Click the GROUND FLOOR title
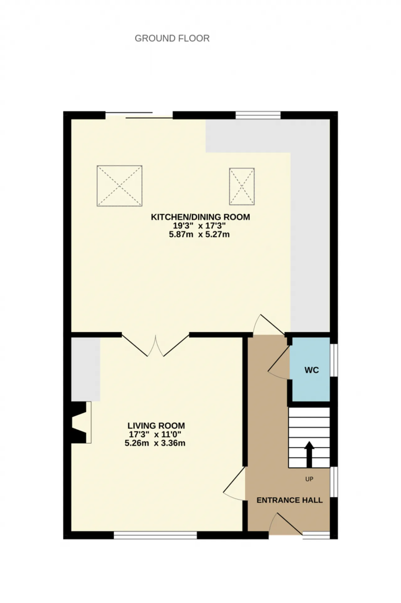point(172,38)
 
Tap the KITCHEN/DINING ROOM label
point(200,217)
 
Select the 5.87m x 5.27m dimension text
point(199,234)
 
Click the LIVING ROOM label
point(156,426)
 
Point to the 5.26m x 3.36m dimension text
point(155,443)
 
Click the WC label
point(312,370)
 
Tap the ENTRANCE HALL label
point(289,500)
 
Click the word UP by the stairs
point(309,479)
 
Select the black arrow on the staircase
point(310,454)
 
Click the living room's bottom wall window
point(155,535)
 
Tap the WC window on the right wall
point(334,360)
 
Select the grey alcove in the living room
point(86,369)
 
